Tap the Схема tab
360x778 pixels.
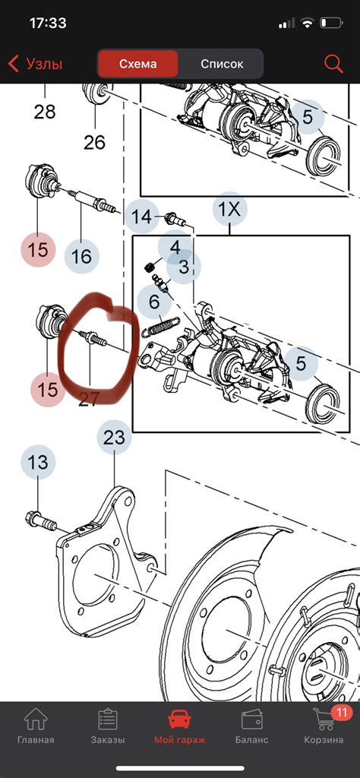click(138, 64)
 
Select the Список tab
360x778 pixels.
click(222, 64)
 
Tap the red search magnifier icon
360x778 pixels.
click(333, 64)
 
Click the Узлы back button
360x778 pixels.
click(35, 64)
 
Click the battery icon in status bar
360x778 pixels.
click(333, 24)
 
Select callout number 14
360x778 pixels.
click(142, 217)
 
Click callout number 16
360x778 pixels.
click(81, 256)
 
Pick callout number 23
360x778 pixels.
click(113, 438)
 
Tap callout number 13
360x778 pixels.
click(38, 462)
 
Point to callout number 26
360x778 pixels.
click(94, 141)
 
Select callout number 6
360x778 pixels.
click(154, 301)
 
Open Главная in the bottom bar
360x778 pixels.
click(36, 728)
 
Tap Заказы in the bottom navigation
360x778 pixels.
click(108, 728)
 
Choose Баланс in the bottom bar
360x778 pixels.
click(252, 728)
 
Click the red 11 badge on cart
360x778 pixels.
click(342, 712)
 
